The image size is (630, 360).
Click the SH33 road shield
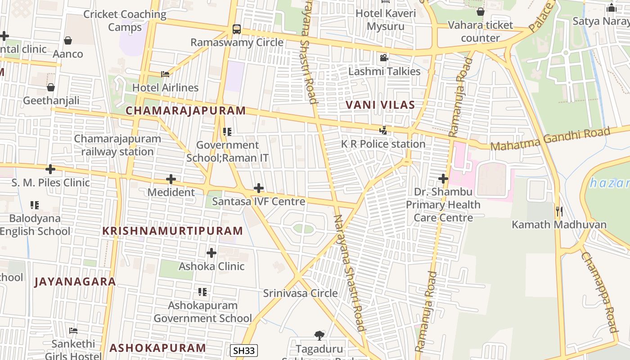244,351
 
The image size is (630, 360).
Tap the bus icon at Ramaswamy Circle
236,29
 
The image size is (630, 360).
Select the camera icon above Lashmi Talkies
384,58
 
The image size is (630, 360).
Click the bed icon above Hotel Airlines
165,74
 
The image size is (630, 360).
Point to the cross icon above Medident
171,179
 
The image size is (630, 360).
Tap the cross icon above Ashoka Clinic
211,253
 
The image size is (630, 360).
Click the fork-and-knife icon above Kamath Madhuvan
559,211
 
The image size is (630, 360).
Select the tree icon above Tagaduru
319,335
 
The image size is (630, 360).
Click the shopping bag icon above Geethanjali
51,87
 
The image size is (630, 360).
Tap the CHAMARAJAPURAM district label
186,111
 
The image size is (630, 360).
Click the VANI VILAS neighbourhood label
380,105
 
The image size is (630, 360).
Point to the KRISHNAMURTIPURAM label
173,231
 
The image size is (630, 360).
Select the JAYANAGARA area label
75,282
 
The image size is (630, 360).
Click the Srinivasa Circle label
300,293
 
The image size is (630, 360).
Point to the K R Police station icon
383,130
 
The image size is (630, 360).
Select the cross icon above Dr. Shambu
443,179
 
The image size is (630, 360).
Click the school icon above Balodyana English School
35,205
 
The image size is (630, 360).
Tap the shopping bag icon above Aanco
68,40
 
